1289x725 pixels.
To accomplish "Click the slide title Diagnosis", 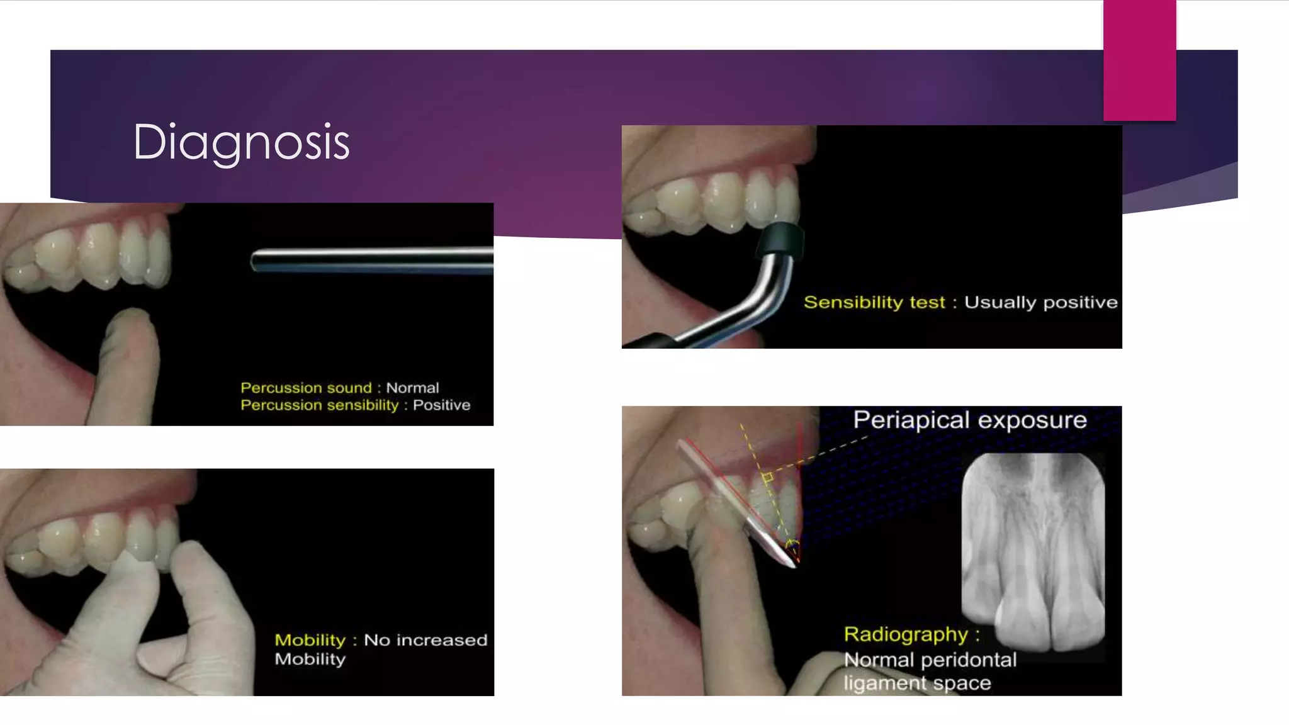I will click(x=241, y=142).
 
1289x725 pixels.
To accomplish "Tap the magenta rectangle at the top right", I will click(x=1139, y=60).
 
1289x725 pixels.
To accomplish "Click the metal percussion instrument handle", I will click(x=371, y=260).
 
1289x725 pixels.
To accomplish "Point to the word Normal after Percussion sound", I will click(x=412, y=388).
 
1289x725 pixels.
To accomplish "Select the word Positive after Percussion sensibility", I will click(x=441, y=405).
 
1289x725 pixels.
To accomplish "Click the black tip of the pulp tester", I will click(x=779, y=240).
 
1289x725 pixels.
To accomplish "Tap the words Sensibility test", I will click(x=874, y=303).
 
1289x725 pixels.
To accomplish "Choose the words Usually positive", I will click(x=1040, y=303).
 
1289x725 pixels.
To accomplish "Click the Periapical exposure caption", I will click(x=969, y=420).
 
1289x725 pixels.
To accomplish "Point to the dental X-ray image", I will click(x=1033, y=551).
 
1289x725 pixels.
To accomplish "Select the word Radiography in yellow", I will click(x=905, y=634).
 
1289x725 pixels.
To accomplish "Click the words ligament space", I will click(x=917, y=683).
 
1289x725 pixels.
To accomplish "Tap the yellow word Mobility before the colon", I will click(x=310, y=640).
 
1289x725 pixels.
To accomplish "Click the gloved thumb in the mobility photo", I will click(x=195, y=566).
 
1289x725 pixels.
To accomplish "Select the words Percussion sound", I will click(x=306, y=388).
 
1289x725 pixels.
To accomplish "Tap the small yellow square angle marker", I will click(x=767, y=478).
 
